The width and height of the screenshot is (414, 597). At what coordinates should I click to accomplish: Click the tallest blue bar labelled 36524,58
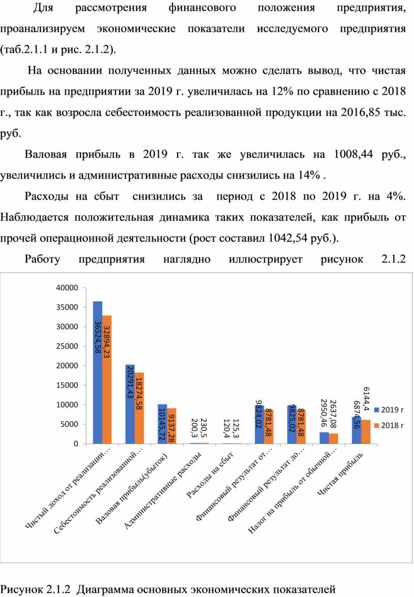tap(97, 373)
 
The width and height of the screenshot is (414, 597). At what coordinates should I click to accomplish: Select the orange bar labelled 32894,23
tap(107, 380)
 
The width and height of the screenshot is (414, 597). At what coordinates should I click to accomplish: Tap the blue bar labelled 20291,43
tap(130, 404)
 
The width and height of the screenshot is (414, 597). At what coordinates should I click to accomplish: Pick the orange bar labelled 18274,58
tap(139, 408)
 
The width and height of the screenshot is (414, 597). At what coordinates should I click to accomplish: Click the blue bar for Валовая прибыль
tap(162, 424)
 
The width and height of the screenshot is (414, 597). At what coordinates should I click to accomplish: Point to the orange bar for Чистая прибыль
tap(366, 432)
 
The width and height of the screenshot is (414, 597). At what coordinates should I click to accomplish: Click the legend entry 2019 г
tap(389, 410)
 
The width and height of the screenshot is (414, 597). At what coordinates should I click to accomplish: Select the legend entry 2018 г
tap(389, 425)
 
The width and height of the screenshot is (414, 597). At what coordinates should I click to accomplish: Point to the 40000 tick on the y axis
tap(67, 288)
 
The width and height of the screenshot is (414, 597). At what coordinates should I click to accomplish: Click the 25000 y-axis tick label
tap(67, 346)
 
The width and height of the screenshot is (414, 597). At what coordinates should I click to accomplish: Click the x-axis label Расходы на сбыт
tap(211, 474)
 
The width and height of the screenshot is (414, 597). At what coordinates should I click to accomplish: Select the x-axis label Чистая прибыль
tap(340, 474)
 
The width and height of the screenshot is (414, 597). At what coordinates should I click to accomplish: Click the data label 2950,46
tap(324, 413)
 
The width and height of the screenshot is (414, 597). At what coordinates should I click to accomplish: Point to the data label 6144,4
tap(366, 399)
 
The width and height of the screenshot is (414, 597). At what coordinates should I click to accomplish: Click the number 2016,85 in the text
tap(361, 112)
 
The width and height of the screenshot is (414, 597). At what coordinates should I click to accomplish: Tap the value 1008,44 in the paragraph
tap(353, 154)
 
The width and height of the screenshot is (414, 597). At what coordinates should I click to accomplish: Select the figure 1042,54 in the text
tap(288, 238)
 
